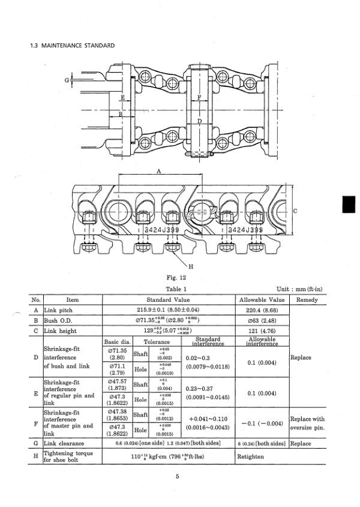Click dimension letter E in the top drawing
[122, 97]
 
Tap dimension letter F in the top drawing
[199, 97]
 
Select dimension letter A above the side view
[159, 171]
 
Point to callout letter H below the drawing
[190, 266]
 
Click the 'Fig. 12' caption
[178, 278]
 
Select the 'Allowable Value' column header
[262, 299]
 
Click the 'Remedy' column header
[307, 299]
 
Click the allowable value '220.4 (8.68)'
[262, 310]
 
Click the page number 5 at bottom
[178, 477]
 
